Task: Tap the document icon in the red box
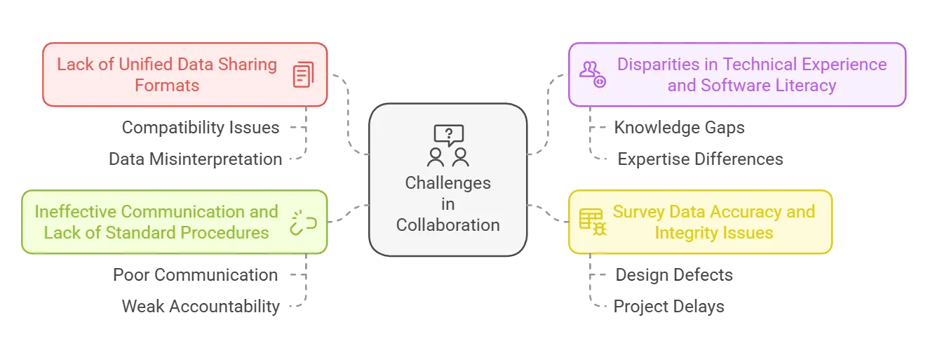tap(302, 75)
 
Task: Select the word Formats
tap(168, 86)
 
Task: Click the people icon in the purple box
tap(591, 74)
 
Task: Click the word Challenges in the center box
tap(448, 183)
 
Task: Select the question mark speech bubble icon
tap(448, 134)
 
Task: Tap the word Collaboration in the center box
tap(448, 225)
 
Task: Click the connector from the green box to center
tap(348, 213)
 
